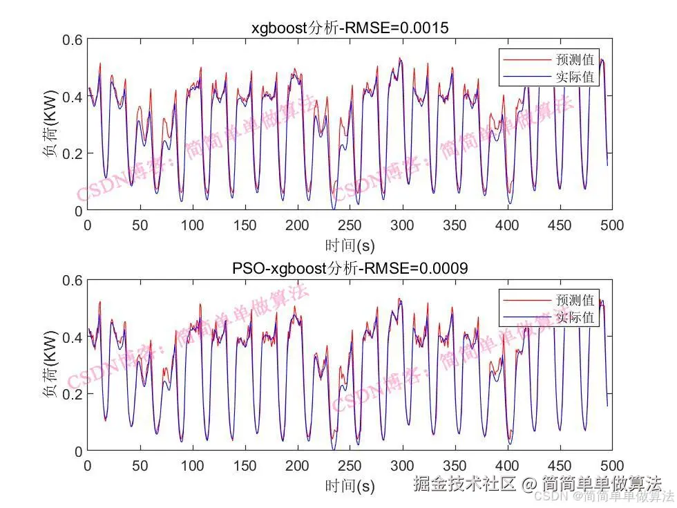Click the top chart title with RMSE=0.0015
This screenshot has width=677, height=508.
tap(350, 28)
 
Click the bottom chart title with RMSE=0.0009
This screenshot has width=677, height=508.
tap(350, 268)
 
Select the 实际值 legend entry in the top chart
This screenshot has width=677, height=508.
tap(574, 77)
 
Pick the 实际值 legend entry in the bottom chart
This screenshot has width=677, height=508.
tap(574, 317)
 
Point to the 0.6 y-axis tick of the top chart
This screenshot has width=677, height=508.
tap(73, 40)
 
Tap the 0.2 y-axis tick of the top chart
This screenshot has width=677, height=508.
tap(73, 153)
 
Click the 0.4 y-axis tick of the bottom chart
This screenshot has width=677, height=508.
tap(73, 337)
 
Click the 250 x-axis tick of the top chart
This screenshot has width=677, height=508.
tap(350, 225)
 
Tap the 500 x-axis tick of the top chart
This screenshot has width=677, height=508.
tap(612, 225)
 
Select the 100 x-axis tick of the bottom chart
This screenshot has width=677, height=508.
tap(192, 465)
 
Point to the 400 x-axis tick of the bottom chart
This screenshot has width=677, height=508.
tap(507, 465)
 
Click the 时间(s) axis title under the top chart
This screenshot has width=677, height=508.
tap(350, 244)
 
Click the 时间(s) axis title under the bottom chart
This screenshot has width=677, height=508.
tap(350, 485)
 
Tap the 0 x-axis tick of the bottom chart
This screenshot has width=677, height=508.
tap(88, 465)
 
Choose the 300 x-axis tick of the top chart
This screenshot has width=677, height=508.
tap(402, 225)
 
